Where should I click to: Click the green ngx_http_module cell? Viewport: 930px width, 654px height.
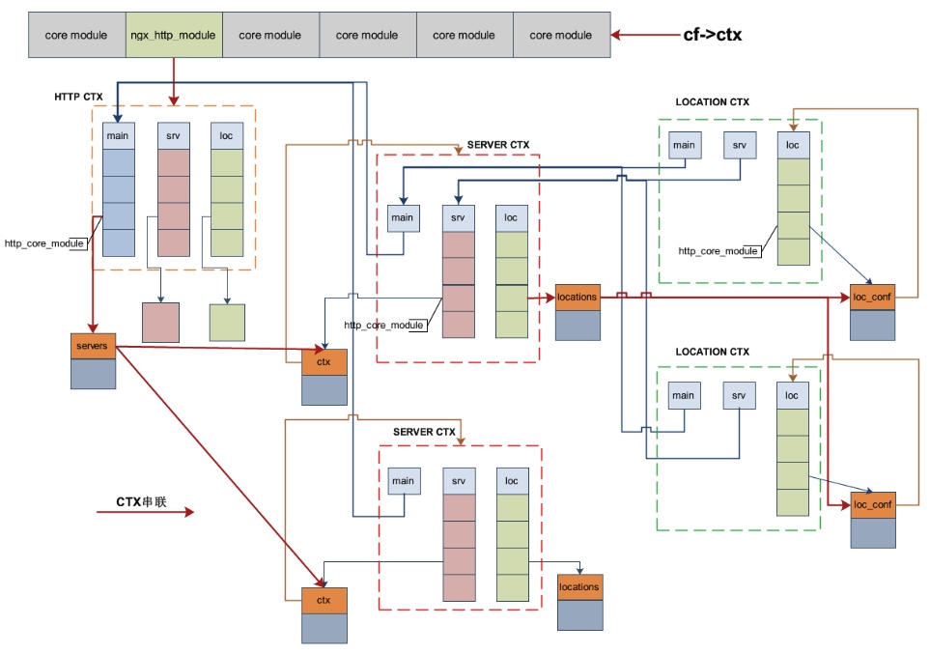tap(174, 36)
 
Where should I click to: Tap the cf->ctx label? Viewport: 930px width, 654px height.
tap(712, 36)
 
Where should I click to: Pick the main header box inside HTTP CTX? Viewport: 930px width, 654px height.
tap(118, 136)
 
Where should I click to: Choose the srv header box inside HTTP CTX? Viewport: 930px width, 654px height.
tap(173, 136)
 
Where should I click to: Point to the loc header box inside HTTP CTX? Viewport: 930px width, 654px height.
tap(227, 136)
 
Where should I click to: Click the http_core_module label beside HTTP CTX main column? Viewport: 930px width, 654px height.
tap(44, 243)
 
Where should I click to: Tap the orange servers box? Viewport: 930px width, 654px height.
tap(93, 345)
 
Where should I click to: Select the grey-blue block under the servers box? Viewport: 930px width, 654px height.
tap(93, 373)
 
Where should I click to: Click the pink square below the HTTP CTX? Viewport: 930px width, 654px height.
tap(160, 323)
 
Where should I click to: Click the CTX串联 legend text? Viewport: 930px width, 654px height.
tap(141, 501)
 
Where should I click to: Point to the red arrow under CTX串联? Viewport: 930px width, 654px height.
tap(145, 513)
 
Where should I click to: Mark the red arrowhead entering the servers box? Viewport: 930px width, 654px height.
tap(93, 327)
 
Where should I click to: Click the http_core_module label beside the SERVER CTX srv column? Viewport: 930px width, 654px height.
tap(383, 325)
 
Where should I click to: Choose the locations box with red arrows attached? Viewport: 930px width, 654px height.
tap(578, 297)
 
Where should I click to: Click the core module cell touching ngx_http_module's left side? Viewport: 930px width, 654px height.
tap(76, 36)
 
